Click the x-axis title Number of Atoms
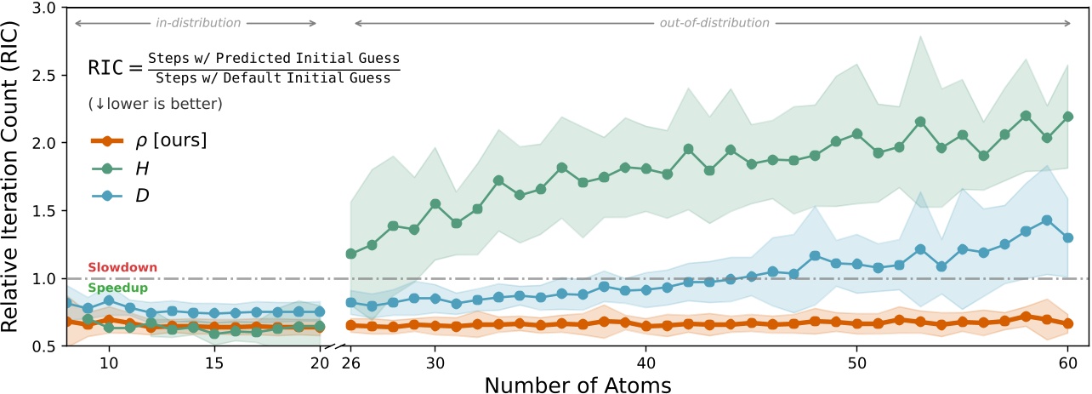(x=578, y=384)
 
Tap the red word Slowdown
(x=122, y=267)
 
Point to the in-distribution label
(x=198, y=23)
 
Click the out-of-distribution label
(x=714, y=23)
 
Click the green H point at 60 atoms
(x=1067, y=117)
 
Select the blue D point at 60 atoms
(x=1067, y=237)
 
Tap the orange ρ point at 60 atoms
(x=1067, y=323)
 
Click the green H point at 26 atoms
(x=350, y=254)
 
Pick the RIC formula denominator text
(x=273, y=77)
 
